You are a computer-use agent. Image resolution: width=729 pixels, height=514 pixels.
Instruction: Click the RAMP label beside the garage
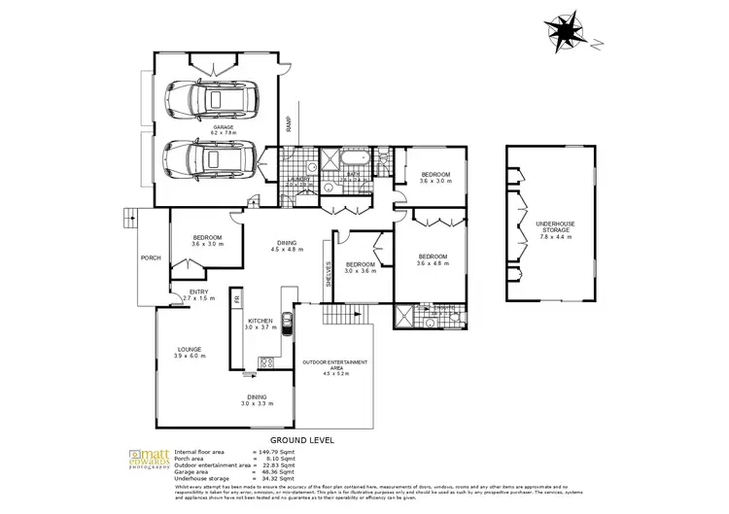[x=288, y=124]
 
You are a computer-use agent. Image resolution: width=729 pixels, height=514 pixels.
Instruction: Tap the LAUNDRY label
[x=299, y=180]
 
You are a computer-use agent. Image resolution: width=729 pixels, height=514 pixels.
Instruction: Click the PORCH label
[x=151, y=258]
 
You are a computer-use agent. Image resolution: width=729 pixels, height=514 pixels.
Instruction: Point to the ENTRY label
[x=198, y=294]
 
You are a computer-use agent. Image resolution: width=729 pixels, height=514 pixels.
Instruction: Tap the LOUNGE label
[x=189, y=352]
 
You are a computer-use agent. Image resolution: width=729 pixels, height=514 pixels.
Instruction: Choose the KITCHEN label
[x=261, y=324]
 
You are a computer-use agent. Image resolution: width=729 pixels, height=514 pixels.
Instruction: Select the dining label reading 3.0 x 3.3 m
[x=258, y=399]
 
